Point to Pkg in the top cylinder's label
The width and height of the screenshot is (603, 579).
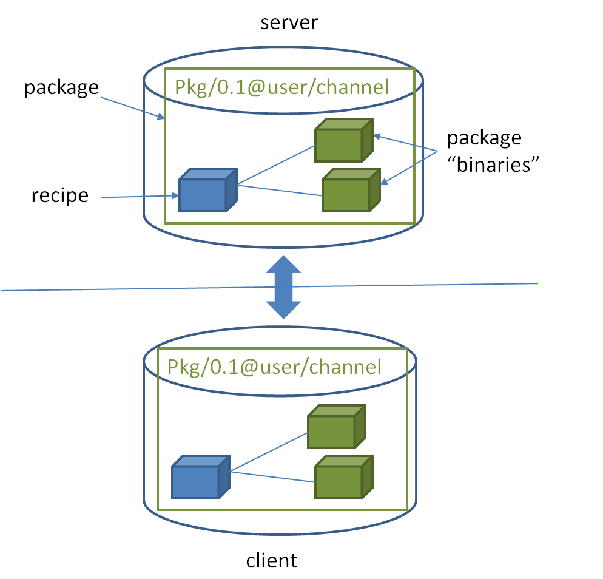pos(190,88)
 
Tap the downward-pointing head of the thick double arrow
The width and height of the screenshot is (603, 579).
pos(284,309)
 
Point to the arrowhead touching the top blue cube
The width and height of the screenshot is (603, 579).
pos(174,196)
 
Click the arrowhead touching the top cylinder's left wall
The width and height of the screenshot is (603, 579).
pos(161,117)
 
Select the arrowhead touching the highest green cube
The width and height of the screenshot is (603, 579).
pos(377,136)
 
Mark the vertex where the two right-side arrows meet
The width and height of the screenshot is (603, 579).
pos(437,150)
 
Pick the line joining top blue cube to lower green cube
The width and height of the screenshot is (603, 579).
pos(279,190)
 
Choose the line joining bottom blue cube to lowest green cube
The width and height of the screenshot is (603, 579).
pos(272,476)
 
